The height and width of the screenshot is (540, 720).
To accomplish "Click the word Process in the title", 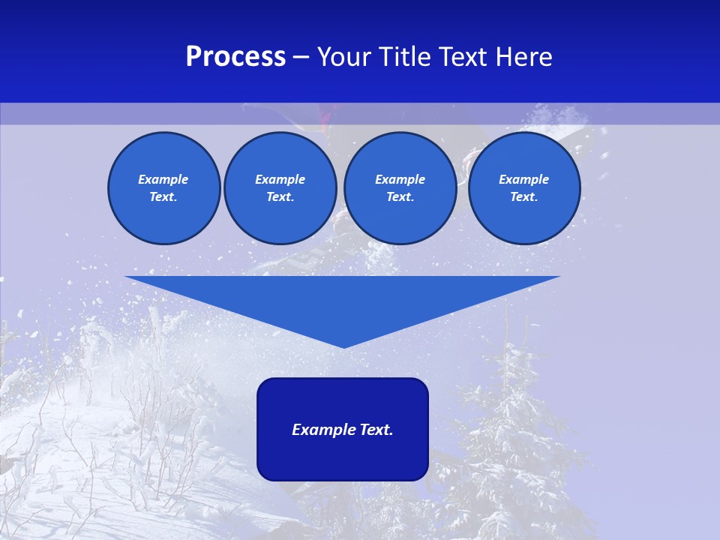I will [x=235, y=57].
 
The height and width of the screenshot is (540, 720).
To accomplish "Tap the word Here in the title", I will [x=523, y=57].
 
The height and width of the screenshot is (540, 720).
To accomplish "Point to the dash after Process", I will [x=301, y=58].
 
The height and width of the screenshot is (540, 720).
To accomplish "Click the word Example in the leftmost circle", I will [x=163, y=179].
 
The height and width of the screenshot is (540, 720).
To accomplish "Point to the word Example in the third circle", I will [x=400, y=179].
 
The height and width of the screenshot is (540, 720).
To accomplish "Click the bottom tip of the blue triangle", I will [x=343, y=346].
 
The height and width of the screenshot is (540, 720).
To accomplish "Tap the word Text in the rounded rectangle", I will [x=374, y=430].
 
